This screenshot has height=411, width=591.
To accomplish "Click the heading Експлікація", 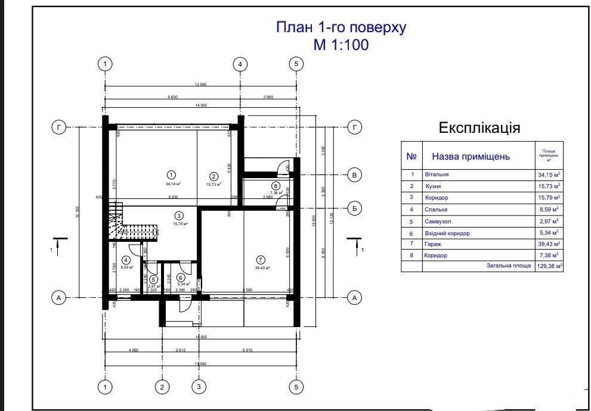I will (x=479, y=128).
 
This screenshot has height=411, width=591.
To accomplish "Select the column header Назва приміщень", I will (x=471, y=157).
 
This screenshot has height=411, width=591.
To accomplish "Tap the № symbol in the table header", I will (x=411, y=157).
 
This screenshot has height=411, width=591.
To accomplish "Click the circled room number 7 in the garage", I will (x=260, y=259).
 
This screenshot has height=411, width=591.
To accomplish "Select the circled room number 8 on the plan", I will (x=275, y=186).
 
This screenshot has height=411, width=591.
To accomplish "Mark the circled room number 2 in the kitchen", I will (x=213, y=176).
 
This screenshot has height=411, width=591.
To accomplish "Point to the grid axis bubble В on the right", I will (x=354, y=175).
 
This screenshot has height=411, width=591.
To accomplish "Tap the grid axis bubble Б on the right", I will (x=354, y=208).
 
